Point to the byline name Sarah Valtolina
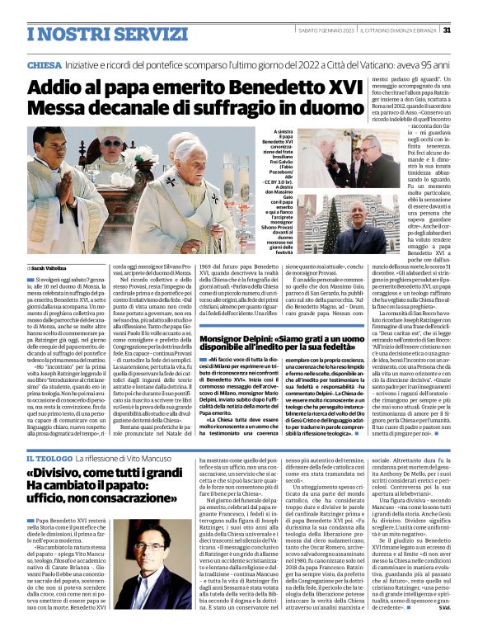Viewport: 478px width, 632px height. [52, 268]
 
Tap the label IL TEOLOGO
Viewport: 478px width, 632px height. [53, 458]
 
